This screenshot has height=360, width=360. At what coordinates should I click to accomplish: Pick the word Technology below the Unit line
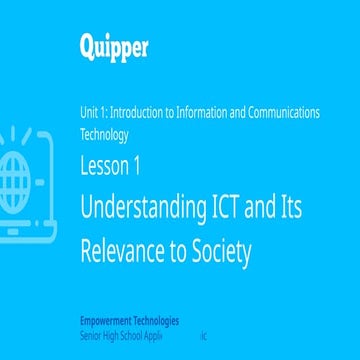104,132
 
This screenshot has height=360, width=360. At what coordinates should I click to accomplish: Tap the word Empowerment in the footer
106,322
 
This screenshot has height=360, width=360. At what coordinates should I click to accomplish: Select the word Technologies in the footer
156,322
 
